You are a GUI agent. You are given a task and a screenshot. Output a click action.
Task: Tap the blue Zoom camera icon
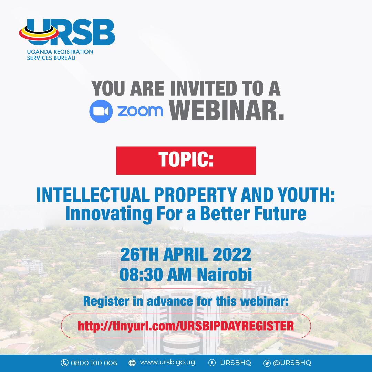(101, 111)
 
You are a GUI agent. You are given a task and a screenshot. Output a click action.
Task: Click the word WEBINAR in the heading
(228, 111)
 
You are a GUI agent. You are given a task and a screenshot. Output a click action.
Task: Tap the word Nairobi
(225, 275)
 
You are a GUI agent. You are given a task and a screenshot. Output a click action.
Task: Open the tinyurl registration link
(186, 325)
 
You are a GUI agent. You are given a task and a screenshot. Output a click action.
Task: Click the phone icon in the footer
(64, 363)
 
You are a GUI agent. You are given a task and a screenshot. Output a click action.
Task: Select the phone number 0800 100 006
(94, 363)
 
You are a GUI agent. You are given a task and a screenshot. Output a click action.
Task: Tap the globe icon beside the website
(132, 363)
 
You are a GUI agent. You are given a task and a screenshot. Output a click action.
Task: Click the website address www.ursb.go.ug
(167, 363)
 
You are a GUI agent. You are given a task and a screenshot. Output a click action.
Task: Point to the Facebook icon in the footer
(212, 363)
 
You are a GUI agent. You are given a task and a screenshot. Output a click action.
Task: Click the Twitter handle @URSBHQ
(292, 363)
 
